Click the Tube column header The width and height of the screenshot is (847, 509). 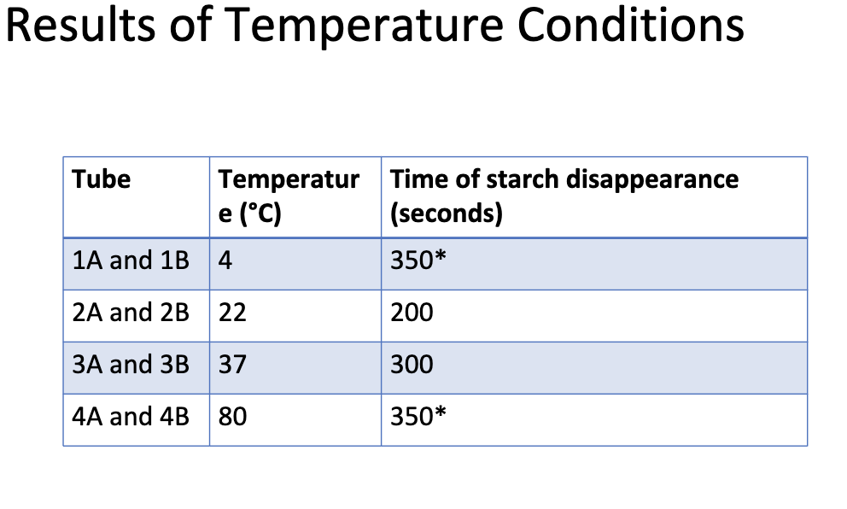[102, 180]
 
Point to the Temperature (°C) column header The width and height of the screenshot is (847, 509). [289, 196]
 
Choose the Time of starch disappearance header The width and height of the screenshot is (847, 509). [564, 180]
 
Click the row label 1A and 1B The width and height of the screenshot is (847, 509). [131, 260]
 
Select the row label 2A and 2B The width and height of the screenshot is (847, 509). [131, 313]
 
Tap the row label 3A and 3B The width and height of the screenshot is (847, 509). [131, 365]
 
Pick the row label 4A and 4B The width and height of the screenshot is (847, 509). [131, 417]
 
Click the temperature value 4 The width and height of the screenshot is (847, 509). [225, 260]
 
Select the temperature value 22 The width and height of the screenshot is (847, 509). [232, 313]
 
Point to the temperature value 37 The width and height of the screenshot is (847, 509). [232, 365]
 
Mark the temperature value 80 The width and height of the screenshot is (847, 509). [232, 417]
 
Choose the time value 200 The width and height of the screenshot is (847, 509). [412, 313]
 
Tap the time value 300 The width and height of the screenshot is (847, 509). [412, 365]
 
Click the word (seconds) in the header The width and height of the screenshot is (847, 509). [446, 212]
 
